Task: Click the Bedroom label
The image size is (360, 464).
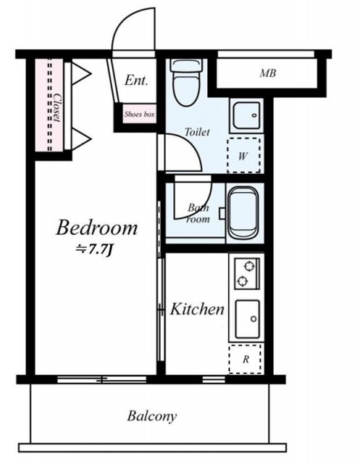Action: (x=96, y=228)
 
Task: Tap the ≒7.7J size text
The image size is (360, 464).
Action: (x=93, y=250)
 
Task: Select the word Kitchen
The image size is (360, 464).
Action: (x=197, y=310)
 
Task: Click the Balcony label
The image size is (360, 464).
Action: (x=152, y=416)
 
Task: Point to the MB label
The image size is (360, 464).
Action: (x=268, y=73)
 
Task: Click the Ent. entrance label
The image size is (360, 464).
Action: (x=136, y=80)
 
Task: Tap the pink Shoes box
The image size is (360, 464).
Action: (x=140, y=114)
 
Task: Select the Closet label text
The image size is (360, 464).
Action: (x=57, y=108)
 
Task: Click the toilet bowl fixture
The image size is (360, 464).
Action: (x=187, y=82)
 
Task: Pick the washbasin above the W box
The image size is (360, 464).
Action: (x=246, y=115)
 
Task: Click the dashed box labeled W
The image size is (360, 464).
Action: (x=244, y=155)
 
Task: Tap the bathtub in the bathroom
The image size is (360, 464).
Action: (x=243, y=212)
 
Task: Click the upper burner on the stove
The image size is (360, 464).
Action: (x=249, y=267)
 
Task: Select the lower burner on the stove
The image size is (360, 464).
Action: (x=243, y=281)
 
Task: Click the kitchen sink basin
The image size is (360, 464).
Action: (x=248, y=319)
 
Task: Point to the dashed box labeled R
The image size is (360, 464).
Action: (x=246, y=359)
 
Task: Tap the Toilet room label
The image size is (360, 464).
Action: (x=197, y=132)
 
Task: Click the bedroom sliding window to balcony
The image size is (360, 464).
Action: (x=101, y=379)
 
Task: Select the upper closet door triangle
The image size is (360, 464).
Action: (x=80, y=73)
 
